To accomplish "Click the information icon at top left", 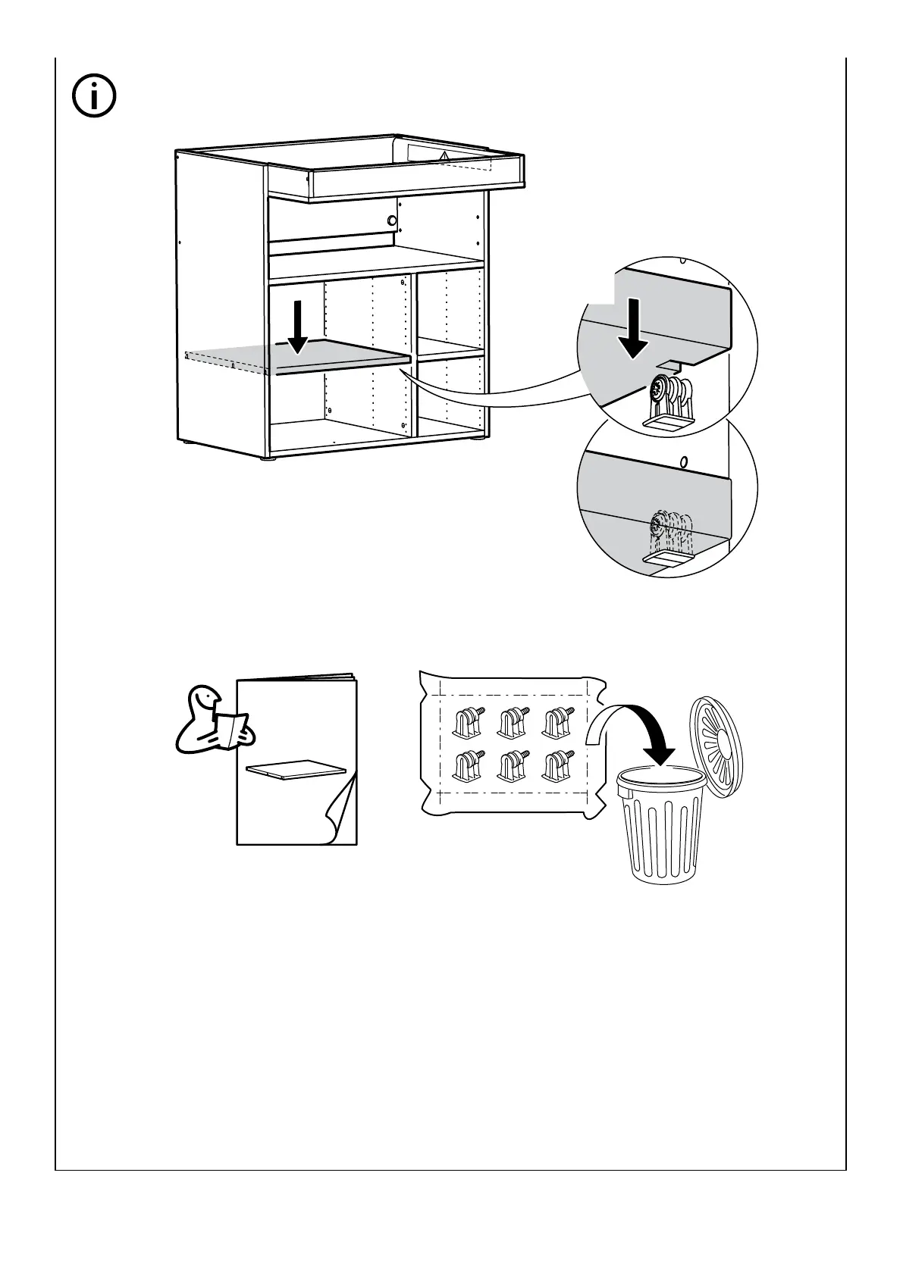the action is pyautogui.click(x=94, y=96).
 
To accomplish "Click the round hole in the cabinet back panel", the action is pyautogui.click(x=391, y=220).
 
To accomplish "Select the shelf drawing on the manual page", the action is pyautogui.click(x=294, y=770).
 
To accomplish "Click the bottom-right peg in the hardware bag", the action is pyautogui.click(x=557, y=765).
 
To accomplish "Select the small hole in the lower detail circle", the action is pyautogui.click(x=684, y=461).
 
